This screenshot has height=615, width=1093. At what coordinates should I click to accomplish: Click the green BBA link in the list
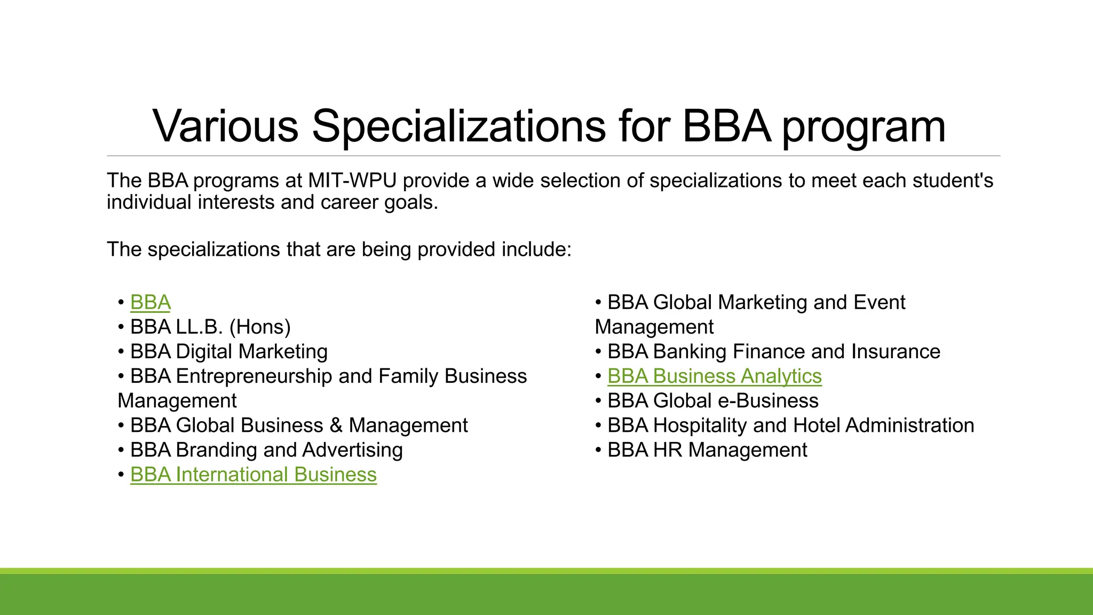tap(150, 303)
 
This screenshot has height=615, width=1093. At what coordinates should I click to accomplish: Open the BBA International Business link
tap(253, 475)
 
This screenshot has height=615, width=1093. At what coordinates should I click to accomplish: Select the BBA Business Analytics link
tap(714, 376)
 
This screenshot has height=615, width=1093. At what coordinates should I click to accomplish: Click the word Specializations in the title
tap(458, 126)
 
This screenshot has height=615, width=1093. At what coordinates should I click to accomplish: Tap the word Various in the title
tap(225, 126)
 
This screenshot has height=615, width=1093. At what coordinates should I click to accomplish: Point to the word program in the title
tap(864, 128)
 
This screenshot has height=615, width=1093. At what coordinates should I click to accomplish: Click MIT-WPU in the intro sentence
tap(352, 180)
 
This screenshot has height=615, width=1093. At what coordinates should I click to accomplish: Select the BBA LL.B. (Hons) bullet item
tap(210, 327)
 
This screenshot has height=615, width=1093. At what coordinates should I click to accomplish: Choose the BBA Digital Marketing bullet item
tap(228, 352)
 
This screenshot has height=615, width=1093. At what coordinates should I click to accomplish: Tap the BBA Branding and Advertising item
tap(266, 450)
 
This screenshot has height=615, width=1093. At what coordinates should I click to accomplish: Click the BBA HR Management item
tap(707, 450)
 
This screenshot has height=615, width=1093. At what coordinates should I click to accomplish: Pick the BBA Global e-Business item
tap(712, 401)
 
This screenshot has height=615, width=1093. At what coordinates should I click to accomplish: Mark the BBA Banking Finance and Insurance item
tap(773, 352)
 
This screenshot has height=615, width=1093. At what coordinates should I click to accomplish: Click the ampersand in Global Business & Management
tap(336, 425)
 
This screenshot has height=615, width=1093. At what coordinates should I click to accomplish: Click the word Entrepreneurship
tap(254, 376)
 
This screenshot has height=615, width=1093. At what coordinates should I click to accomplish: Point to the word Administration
tap(909, 425)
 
